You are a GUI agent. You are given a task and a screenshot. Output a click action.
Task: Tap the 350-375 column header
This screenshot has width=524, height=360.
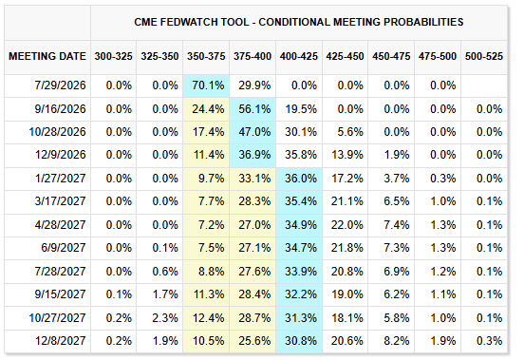206,56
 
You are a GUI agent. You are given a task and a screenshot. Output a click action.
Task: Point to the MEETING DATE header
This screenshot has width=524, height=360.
47,56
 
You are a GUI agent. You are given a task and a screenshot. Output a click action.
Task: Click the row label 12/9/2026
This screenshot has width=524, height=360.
61,155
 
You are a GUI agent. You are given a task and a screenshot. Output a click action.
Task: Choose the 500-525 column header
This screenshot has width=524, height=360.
484,56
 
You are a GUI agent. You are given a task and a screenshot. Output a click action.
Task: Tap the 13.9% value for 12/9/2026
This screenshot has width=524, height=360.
347,155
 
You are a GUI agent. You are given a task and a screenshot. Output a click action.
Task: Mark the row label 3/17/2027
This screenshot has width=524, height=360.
60,201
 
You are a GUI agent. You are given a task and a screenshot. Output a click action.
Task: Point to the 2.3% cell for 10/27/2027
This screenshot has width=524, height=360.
165,317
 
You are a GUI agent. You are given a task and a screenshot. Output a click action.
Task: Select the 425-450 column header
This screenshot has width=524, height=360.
345,56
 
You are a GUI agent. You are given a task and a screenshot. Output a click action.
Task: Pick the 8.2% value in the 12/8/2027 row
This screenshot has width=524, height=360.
397,341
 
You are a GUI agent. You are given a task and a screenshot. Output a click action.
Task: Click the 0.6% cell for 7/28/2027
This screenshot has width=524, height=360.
165,271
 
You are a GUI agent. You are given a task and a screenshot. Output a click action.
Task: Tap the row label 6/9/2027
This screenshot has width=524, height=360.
64,248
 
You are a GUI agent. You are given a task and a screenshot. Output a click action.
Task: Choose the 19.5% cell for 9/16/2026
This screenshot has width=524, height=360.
301,109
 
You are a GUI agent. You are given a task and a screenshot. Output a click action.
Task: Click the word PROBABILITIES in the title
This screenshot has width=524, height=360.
423,22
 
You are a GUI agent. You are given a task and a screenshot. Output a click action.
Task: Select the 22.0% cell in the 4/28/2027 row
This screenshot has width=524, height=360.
347,224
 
